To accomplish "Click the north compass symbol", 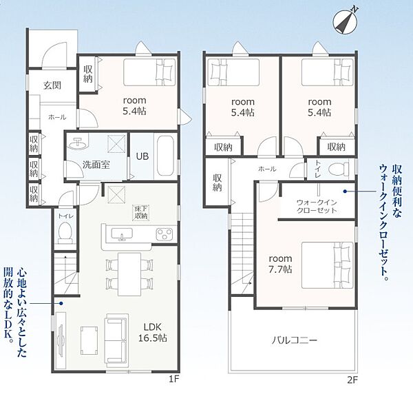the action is pos(345,21).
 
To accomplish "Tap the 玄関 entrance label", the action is pos(52,85).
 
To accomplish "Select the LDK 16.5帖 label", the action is pos(153,332).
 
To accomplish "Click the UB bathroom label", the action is pos(142,156).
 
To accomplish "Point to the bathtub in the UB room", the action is pos(165,156).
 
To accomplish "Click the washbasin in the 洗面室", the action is pos(77,144).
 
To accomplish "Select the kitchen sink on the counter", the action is pos(122,234).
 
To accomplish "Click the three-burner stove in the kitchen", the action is pos(165,234).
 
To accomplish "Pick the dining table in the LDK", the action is pos(129,274).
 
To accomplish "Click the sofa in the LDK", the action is pos(117,341).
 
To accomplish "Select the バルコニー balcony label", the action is pos(295,340).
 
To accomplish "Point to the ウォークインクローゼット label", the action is pos(317,207).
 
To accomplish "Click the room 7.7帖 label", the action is pos(280,264).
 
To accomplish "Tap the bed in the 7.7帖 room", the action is pos(328,265).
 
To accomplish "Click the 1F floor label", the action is pos(174,380).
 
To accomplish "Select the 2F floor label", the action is pos(352,380).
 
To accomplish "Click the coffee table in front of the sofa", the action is pos(89,340).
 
